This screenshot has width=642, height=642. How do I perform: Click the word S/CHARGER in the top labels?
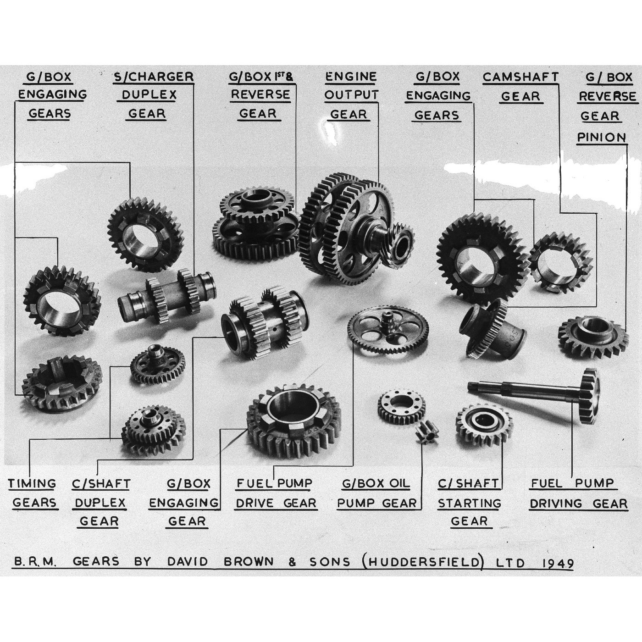(x=154, y=77)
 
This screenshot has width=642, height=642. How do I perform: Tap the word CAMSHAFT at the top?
(x=520, y=77)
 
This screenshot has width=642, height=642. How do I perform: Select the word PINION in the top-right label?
(x=601, y=137)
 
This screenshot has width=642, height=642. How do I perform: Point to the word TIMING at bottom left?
(x=32, y=484)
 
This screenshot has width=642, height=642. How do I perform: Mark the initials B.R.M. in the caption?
(x=34, y=562)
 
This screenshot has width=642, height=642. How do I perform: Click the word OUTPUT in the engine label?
(x=352, y=95)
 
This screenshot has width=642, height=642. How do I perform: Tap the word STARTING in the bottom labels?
(x=469, y=503)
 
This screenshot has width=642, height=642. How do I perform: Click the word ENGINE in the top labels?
(x=351, y=77)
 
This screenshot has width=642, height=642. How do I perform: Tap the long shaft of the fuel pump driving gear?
(x=523, y=389)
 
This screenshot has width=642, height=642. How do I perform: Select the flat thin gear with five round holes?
(x=388, y=330)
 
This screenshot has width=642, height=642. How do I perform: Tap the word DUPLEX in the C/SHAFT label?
(x=100, y=503)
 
